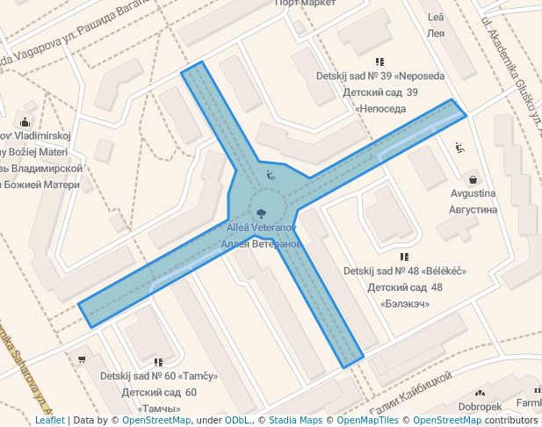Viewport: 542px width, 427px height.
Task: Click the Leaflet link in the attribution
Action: tap(50, 420)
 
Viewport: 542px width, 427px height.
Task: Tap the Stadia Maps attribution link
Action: tap(296, 420)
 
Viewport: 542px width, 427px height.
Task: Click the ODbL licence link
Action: tap(237, 420)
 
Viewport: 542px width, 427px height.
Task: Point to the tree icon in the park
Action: tap(261, 212)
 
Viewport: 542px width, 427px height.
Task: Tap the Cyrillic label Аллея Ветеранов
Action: tap(262, 243)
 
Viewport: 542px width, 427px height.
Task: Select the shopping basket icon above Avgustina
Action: tap(473, 178)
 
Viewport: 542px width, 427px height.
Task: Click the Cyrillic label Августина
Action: tap(473, 210)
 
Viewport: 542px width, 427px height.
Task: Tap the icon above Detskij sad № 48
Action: tap(404, 256)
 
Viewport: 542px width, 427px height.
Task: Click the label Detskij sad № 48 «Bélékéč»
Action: tap(404, 271)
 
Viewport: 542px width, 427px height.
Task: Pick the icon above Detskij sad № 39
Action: tap(379, 62)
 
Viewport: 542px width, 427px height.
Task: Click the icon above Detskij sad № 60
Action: tap(158, 361)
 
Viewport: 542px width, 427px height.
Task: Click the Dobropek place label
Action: tap(480, 407)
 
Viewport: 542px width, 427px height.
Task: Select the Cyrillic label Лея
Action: tap(436, 33)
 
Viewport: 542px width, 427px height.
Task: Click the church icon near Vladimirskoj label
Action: tap(25, 123)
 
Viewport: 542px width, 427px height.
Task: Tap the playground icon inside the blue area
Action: tap(271, 175)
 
